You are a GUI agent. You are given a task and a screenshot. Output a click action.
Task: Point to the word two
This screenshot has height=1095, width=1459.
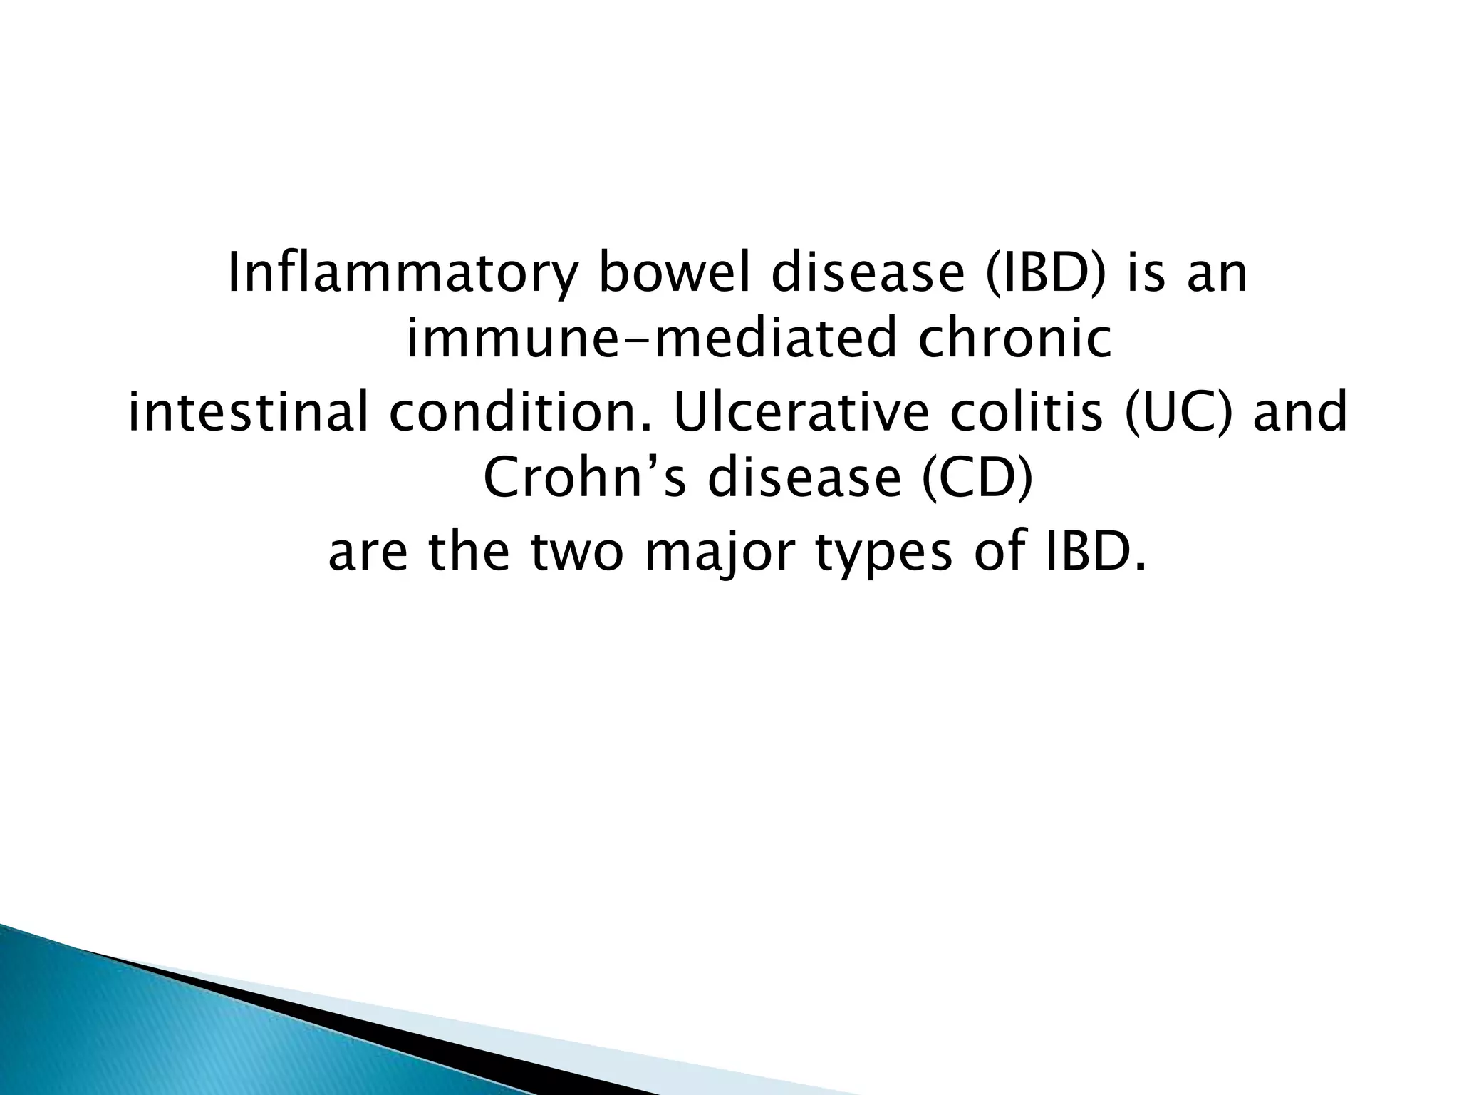(576, 553)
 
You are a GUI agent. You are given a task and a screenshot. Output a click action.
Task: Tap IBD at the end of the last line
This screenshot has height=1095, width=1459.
(1090, 553)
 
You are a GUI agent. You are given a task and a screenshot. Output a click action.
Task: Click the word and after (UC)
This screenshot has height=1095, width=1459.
(1299, 413)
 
